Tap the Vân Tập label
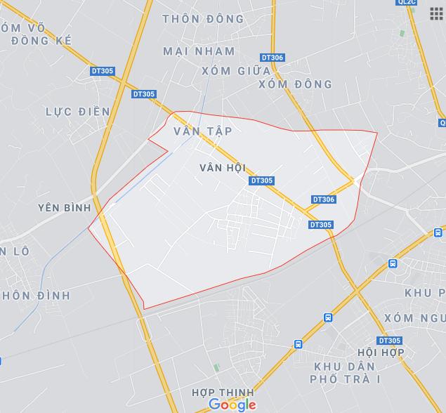click(202, 131)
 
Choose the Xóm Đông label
click(295, 84)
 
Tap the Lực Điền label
click(77, 112)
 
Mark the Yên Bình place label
click(65, 208)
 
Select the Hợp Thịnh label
click(223, 391)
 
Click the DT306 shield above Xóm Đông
click(272, 58)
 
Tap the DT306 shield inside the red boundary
click(323, 199)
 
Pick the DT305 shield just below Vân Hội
click(261, 181)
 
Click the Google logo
click(232, 404)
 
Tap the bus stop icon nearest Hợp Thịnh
click(299, 344)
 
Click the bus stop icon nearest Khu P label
click(392, 263)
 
